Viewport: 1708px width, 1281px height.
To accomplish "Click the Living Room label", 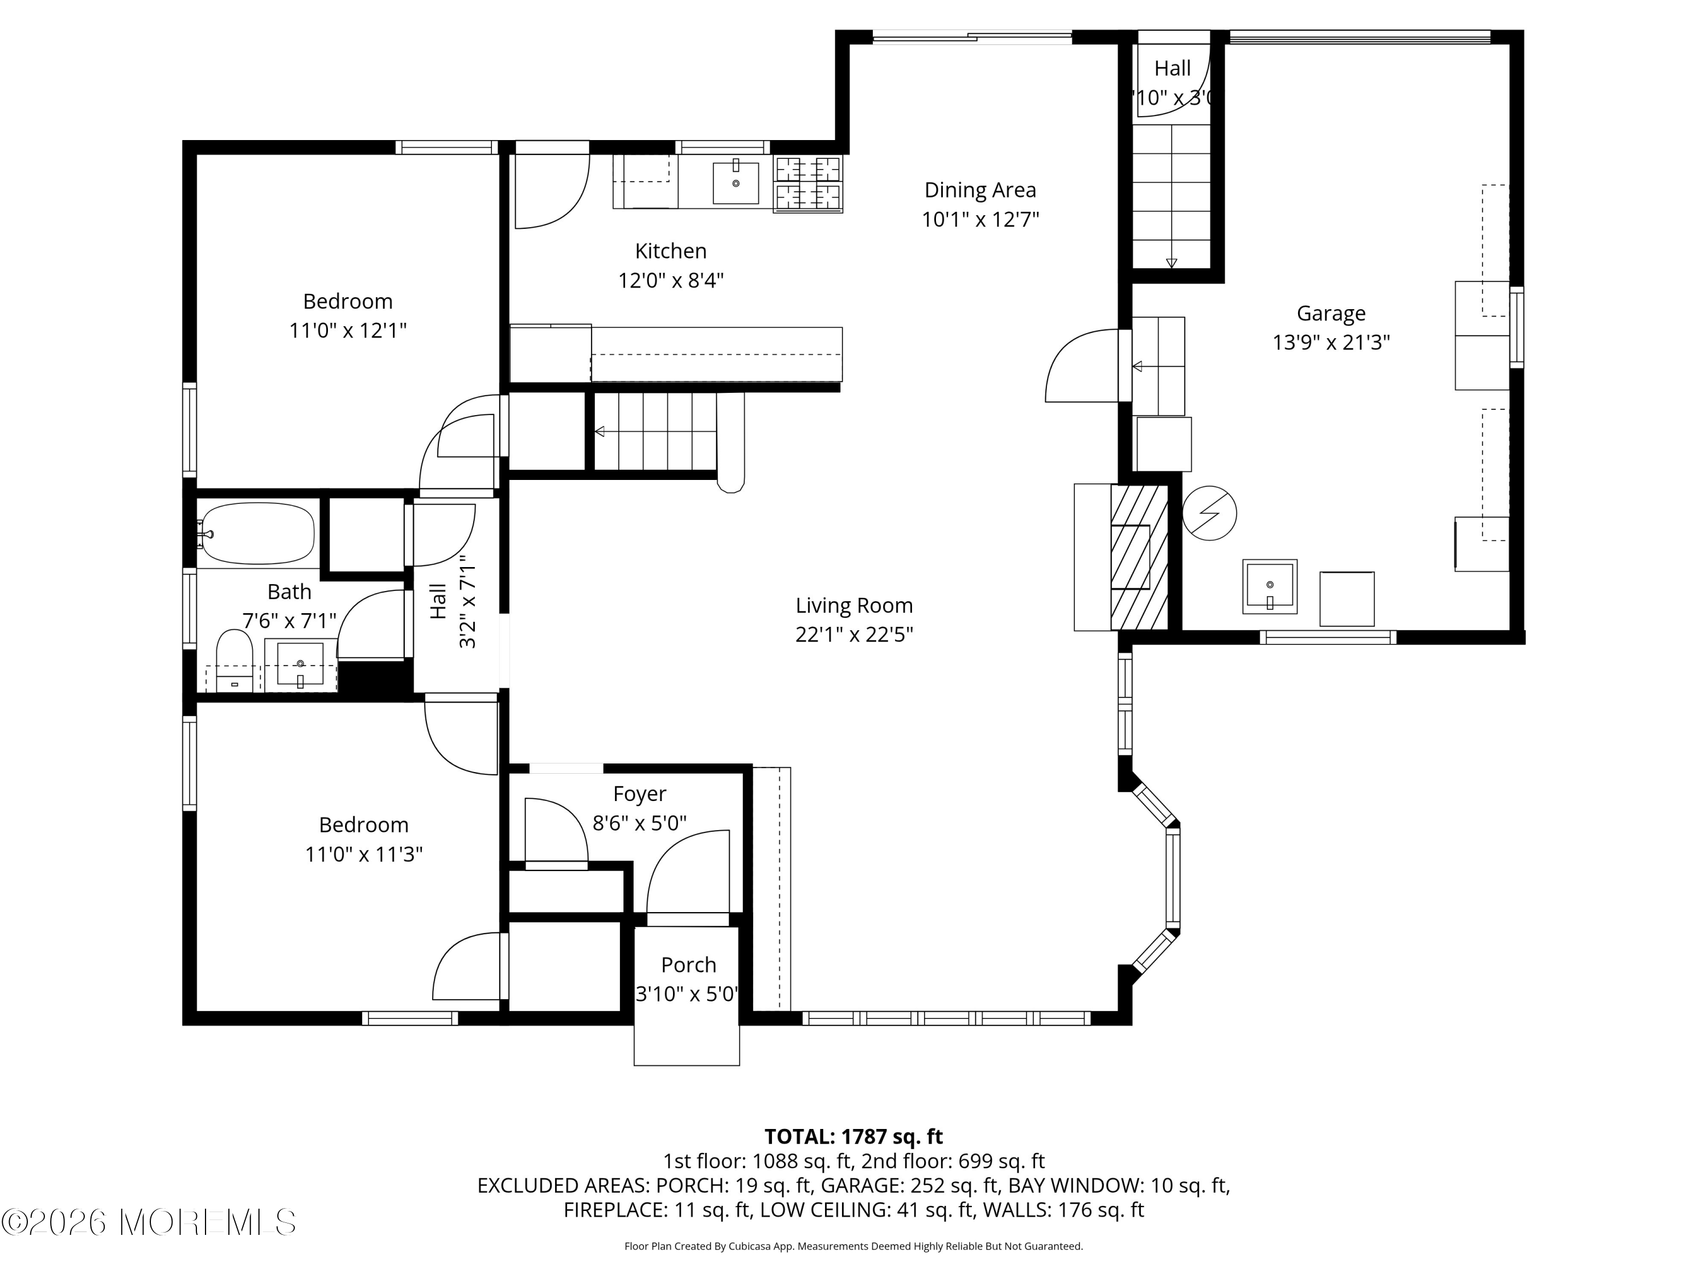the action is pos(854,605).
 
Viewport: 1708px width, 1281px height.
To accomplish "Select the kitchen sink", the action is pos(735,183).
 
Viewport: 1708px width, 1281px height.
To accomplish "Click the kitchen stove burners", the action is pos(808,184).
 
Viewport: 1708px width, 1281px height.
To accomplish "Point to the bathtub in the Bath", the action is pos(258,533).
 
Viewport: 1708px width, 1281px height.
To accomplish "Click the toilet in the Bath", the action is pos(234,660).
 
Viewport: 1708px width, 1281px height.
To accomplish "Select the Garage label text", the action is pos(1331,314).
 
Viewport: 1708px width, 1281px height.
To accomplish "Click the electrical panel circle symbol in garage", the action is pos(1209,513).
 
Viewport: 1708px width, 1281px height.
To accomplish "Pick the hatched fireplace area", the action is pos(1139,557).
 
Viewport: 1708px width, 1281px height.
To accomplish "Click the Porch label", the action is pos(688,965).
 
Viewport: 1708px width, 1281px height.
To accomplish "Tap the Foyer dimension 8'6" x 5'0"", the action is pos(639,824).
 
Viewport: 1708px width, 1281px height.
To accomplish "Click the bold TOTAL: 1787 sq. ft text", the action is pos(853,1136).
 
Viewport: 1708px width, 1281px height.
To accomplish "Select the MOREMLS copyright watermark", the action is pos(148,1222).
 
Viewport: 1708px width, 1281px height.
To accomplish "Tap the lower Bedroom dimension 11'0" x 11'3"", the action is pos(364,855).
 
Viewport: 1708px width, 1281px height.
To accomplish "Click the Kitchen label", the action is pos(670,251).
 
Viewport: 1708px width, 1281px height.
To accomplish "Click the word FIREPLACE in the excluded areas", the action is pos(615,1210).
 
